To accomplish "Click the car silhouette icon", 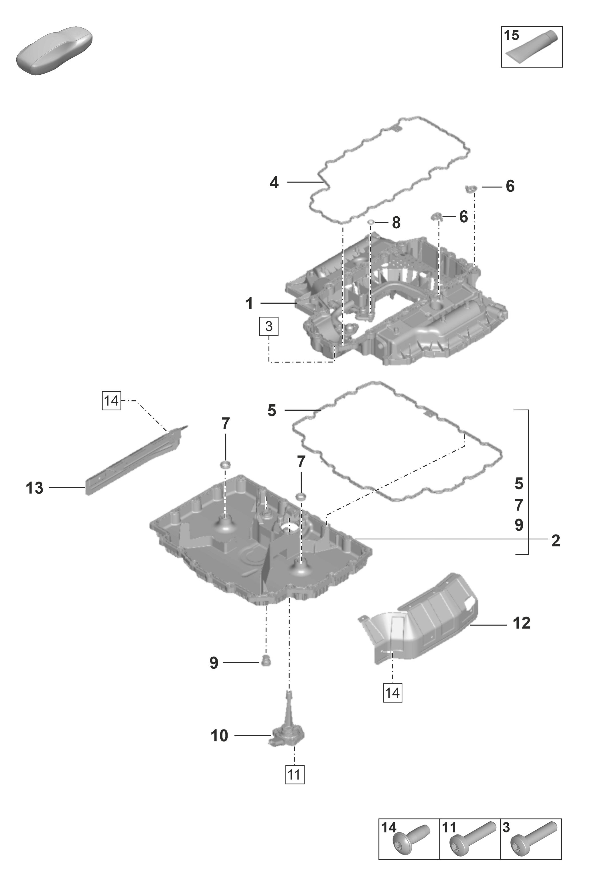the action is (55, 51).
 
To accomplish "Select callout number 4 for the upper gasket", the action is (274, 183).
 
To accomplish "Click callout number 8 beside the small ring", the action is (396, 223).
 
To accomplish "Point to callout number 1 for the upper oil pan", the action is (249, 303).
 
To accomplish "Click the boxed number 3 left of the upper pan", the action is (269, 327).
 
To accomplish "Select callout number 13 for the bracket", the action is (34, 488).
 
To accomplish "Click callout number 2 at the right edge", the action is (555, 541).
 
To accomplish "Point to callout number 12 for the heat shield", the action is (521, 623).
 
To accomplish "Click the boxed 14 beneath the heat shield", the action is (393, 691).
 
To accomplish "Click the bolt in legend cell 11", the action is (472, 837).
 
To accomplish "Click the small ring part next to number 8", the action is (372, 221).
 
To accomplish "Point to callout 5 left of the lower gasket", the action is (272, 411).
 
